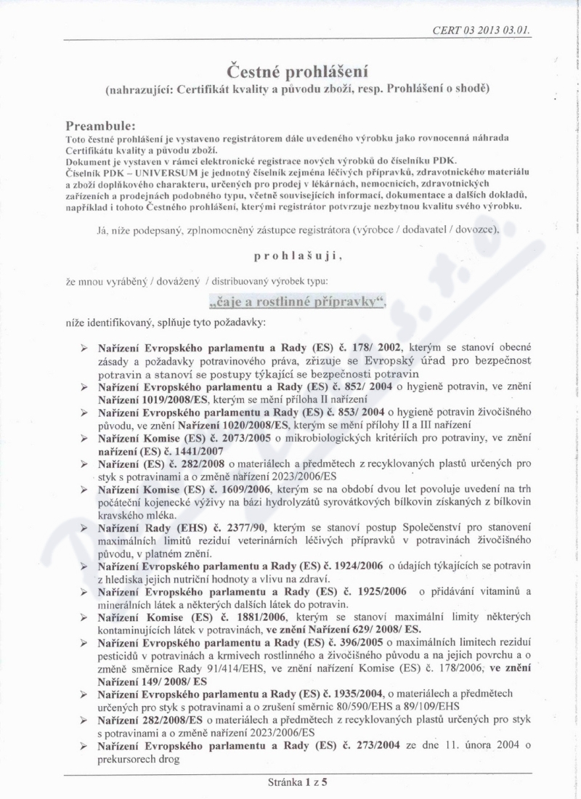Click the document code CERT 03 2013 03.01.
coord(481,31)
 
